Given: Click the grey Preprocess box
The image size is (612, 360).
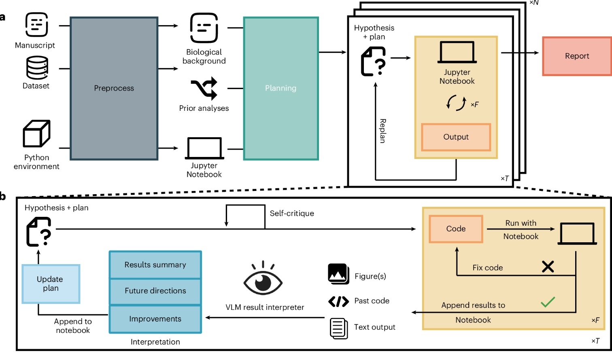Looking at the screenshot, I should (114, 88).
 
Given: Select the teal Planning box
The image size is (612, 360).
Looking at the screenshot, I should (280, 88).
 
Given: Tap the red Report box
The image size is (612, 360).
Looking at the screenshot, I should (577, 56).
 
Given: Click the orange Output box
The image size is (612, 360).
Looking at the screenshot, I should (456, 137).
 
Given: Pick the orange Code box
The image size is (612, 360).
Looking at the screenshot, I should (456, 229).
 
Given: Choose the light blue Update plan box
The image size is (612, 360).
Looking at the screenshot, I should (51, 284).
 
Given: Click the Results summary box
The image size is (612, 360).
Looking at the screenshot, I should (155, 265).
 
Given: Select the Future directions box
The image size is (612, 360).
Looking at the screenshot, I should (155, 291).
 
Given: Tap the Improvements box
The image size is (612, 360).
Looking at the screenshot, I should (155, 319).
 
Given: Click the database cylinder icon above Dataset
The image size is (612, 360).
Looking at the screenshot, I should (37, 68).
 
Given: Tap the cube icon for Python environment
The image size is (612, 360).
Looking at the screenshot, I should (36, 133).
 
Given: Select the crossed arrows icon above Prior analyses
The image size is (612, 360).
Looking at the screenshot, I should (204, 89).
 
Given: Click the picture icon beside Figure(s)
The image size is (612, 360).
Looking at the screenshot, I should (338, 274).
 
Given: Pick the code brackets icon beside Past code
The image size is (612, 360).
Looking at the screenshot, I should (338, 301).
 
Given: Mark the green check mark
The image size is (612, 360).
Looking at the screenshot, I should (548, 302).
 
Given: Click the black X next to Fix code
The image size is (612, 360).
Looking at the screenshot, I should (548, 267).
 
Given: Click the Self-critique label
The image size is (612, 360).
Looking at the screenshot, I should (292, 214).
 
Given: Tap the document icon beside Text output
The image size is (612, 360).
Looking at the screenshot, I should (338, 328).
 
